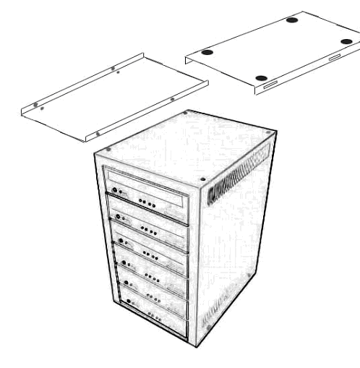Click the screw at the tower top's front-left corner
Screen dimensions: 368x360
(108, 150)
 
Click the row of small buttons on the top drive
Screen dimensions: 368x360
(147, 203)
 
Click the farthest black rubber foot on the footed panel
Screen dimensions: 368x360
(291, 20)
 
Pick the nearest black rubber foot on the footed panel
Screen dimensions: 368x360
(262, 77)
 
